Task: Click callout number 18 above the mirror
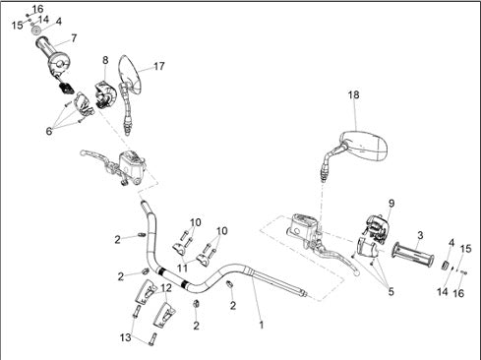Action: point(353,94)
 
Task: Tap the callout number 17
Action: point(159,66)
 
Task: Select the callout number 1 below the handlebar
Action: point(262,325)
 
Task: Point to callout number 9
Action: point(391,204)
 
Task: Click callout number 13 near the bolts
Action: point(126,337)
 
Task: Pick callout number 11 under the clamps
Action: point(182,268)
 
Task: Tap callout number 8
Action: point(105,60)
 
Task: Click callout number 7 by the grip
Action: point(74,38)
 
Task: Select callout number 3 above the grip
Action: point(420,235)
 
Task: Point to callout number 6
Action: point(49,131)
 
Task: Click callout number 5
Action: point(391,291)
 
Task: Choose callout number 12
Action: point(166,288)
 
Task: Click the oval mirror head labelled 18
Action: point(364,146)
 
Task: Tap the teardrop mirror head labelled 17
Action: point(130,73)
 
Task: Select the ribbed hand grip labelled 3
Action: point(413,254)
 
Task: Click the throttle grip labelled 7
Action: point(52,54)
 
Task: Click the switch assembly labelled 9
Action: point(377,228)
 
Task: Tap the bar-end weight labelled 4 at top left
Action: point(36,30)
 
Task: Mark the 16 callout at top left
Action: point(37,9)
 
